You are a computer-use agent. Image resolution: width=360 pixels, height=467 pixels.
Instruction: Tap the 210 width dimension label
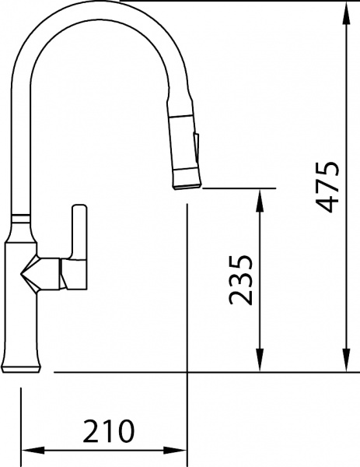click(109, 430)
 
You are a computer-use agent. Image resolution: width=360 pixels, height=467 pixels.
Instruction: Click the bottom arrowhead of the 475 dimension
click(345, 365)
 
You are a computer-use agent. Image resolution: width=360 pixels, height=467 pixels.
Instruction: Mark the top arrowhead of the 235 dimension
click(260, 195)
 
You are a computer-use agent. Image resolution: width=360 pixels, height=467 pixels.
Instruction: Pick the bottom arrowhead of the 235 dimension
click(260, 365)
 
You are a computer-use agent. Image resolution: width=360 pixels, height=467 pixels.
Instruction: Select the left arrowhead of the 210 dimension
click(26, 451)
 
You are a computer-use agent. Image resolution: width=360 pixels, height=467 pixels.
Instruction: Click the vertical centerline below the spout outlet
click(187, 296)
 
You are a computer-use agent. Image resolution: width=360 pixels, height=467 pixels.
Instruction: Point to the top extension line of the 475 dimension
click(233, 2)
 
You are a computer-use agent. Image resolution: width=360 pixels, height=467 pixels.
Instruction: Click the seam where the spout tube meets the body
click(22, 214)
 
